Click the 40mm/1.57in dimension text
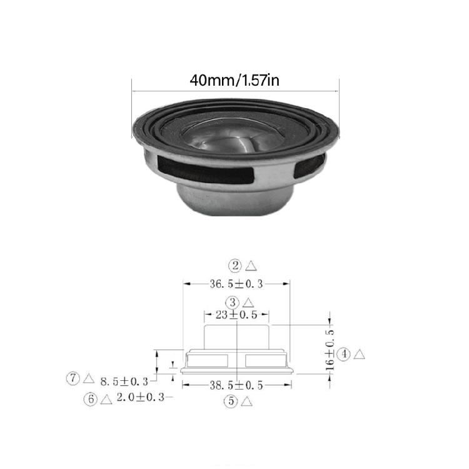coord(234,81)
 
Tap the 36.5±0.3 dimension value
coord(236,284)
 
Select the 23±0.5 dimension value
coord(236,315)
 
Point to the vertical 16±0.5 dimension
coord(330,354)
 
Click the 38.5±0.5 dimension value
coord(236,385)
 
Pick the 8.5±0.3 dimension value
coord(124,380)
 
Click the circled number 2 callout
coord(234,266)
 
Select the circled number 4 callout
coord(343,355)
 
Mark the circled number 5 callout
coord(231,402)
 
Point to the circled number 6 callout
coord(91,398)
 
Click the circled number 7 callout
coord(73,378)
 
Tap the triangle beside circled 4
coord(359,355)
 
